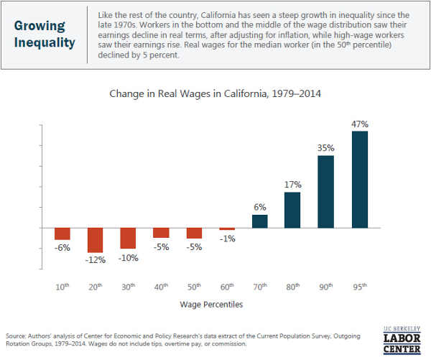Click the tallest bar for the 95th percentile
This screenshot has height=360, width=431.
[x=360, y=179]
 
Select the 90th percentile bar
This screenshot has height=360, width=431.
[x=325, y=191]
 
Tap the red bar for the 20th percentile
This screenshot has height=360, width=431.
[x=96, y=240]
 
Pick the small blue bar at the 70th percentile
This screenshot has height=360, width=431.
[x=260, y=221]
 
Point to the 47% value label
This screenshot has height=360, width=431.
[x=360, y=124]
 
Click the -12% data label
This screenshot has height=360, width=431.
[x=96, y=259]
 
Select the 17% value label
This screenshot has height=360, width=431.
[x=292, y=185]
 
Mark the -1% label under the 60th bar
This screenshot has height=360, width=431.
[x=228, y=239]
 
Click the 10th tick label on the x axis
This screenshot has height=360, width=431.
[x=63, y=286]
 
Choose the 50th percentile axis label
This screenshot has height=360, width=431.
[x=195, y=286]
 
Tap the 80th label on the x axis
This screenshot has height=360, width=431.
[x=293, y=286]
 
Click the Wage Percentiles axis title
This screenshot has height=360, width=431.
[x=212, y=305]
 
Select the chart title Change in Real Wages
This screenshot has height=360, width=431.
[x=215, y=93]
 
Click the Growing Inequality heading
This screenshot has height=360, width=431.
[x=44, y=34]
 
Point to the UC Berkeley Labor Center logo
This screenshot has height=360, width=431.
[x=402, y=334]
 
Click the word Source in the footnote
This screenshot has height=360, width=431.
[x=17, y=336]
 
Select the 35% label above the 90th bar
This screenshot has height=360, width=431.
[x=326, y=148]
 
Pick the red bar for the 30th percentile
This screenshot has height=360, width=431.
[x=129, y=238]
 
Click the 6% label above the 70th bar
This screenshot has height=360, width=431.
[x=260, y=207]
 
